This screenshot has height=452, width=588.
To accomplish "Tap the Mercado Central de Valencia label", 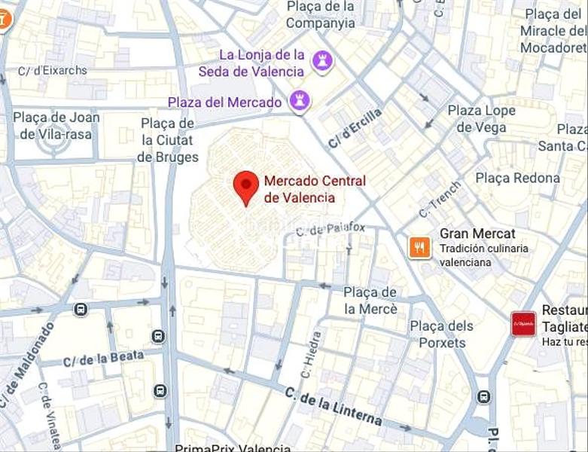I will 314,189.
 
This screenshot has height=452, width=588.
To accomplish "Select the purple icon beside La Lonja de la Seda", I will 323,60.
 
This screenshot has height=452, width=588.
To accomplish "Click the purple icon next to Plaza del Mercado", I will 300,101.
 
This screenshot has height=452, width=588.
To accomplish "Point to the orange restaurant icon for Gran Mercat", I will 419,246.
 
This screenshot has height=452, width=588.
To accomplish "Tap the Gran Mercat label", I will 477,234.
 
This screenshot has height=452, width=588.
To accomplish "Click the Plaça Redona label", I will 517,178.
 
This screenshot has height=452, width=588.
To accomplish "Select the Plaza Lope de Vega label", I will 482,119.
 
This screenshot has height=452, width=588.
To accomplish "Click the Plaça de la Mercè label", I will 370,301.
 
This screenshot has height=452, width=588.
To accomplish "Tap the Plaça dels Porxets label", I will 442,334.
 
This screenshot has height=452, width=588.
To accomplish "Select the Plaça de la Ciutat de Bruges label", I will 168,140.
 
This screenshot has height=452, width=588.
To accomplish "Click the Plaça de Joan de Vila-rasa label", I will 56,126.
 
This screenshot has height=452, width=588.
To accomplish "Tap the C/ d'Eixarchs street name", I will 52,71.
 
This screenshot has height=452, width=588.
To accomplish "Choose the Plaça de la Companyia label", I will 320,14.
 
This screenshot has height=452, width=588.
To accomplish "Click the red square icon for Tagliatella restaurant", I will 523,324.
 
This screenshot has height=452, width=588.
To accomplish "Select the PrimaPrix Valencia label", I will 233,447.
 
